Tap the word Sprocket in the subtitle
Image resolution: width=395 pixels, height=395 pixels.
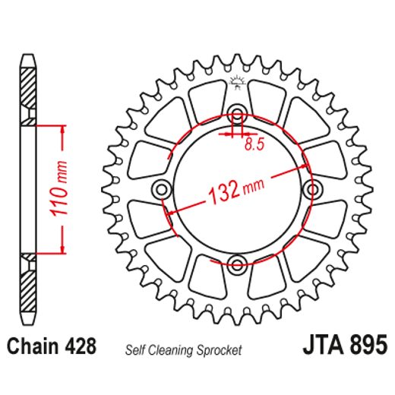[218, 350]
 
